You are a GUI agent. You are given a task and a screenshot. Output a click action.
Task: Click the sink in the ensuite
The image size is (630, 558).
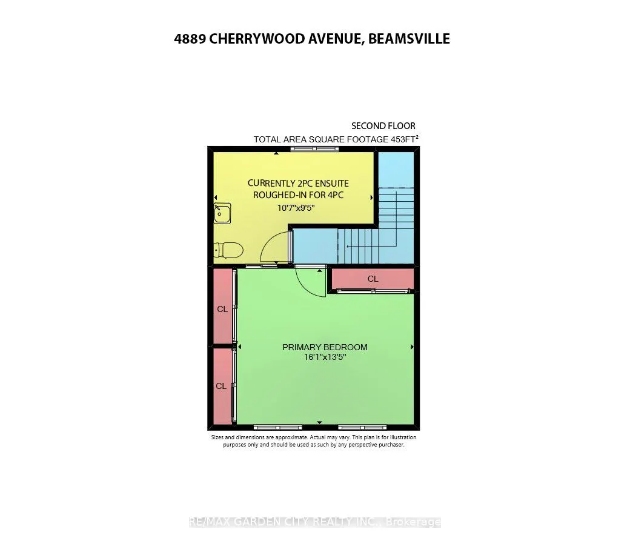click(x=222, y=213)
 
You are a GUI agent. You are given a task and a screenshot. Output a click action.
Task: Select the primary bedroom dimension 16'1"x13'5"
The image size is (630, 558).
click(x=325, y=357)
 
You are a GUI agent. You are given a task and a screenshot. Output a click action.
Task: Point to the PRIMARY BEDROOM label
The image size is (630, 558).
click(x=325, y=347)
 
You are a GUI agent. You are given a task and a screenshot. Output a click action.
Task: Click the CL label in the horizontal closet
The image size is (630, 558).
click(x=373, y=279)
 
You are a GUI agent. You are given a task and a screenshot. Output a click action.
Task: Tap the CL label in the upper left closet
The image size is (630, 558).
click(x=222, y=309)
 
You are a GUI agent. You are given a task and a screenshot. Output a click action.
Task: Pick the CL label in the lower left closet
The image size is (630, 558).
click(x=222, y=386)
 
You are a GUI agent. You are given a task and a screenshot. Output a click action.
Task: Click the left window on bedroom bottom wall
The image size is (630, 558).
click(x=277, y=427)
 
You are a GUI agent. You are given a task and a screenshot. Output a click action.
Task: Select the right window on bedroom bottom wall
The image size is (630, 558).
click(x=362, y=427)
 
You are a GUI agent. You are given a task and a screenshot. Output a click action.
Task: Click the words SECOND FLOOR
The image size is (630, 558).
click(x=383, y=126)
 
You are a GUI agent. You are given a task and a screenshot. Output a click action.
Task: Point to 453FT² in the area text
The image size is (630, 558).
click(x=404, y=139)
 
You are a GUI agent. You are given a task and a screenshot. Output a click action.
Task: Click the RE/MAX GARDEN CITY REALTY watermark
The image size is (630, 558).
click(x=315, y=522)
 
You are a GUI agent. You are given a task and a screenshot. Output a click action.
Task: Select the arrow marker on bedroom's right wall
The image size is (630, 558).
click(x=412, y=347)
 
